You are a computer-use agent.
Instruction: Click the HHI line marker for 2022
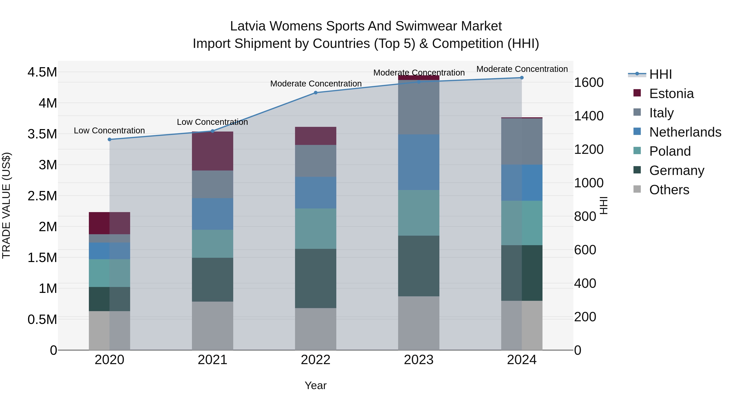tap(315, 93)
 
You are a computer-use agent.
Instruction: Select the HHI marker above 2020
tap(109, 139)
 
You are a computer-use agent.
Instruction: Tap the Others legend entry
tap(669, 190)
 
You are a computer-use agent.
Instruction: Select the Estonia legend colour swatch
tap(637, 93)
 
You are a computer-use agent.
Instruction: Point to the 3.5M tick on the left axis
tap(42, 134)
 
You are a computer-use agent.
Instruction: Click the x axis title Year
tap(315, 385)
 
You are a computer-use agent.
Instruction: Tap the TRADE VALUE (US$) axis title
tap(6, 205)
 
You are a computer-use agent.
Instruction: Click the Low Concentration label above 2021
tap(212, 122)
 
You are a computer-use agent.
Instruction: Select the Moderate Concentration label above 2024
tap(522, 69)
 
